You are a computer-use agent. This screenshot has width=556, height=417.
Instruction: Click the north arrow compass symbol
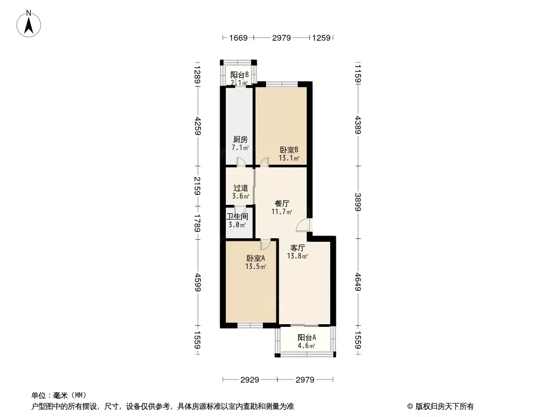[x=29, y=24]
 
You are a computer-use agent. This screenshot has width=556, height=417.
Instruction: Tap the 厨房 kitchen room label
[x=240, y=140]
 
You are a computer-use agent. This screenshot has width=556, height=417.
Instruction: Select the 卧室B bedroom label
[x=289, y=150]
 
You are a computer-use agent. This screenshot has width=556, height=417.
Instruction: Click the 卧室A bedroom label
[x=256, y=258]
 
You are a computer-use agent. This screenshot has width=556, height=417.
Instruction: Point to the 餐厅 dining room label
[x=282, y=204]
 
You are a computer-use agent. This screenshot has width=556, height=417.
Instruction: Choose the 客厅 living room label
[x=297, y=248]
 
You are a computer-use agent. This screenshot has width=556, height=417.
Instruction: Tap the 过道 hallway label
[x=240, y=188]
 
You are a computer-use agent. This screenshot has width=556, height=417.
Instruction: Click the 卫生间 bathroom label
[x=237, y=216]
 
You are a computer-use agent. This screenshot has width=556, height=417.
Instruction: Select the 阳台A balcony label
[x=307, y=338]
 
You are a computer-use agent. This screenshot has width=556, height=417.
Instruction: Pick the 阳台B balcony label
[x=239, y=75]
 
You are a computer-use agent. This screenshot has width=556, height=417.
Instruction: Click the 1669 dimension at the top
[x=238, y=38]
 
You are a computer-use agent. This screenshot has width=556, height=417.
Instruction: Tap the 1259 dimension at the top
[x=321, y=38]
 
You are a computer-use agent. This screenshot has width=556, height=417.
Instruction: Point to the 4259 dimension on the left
[x=198, y=126]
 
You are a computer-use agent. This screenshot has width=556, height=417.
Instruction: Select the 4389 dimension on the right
[x=358, y=125]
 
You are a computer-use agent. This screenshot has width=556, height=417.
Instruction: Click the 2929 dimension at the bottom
[x=250, y=380]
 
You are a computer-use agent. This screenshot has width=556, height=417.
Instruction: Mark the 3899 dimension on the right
[x=358, y=202]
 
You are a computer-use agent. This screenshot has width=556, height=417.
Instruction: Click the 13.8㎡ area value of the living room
[x=297, y=256]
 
